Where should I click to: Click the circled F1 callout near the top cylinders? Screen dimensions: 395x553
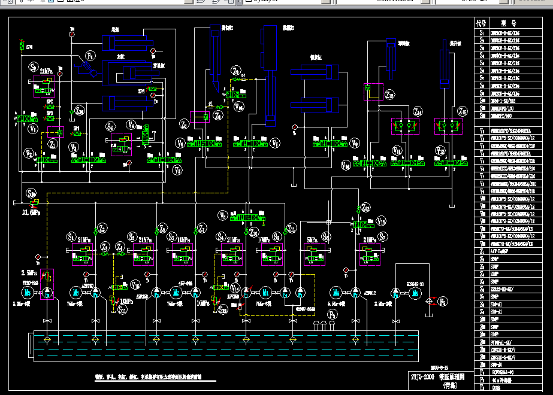(90, 56)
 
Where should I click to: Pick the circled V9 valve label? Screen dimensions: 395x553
(355, 144)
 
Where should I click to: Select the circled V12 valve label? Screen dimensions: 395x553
(441, 150)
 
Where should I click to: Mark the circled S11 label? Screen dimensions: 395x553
(122, 309)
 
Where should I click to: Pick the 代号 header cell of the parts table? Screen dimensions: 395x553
(481, 23)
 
